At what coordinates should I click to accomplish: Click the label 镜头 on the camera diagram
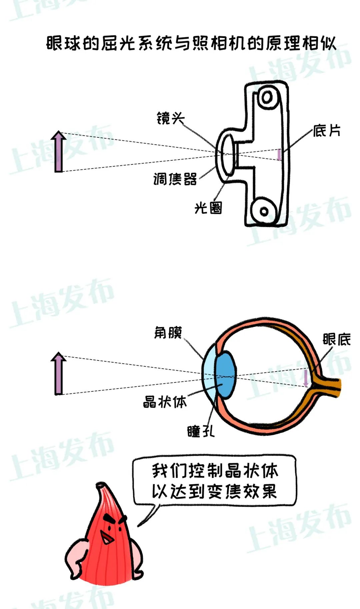point(170,118)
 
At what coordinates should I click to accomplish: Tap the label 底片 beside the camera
point(327,131)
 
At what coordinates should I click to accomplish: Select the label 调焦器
point(175,179)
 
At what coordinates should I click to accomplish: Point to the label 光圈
point(208,208)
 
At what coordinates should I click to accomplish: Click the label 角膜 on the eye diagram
point(168,333)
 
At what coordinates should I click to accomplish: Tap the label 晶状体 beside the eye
point(165,402)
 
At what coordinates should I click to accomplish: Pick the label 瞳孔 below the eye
point(201,431)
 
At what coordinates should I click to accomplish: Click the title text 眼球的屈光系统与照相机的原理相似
point(191,43)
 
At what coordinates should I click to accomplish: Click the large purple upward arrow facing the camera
point(59,152)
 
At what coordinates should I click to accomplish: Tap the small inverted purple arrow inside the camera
point(279,154)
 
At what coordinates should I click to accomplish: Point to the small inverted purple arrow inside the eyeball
point(306,378)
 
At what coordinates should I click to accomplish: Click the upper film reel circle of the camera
point(267,97)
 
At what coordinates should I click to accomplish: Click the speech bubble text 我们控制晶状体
point(215,471)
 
